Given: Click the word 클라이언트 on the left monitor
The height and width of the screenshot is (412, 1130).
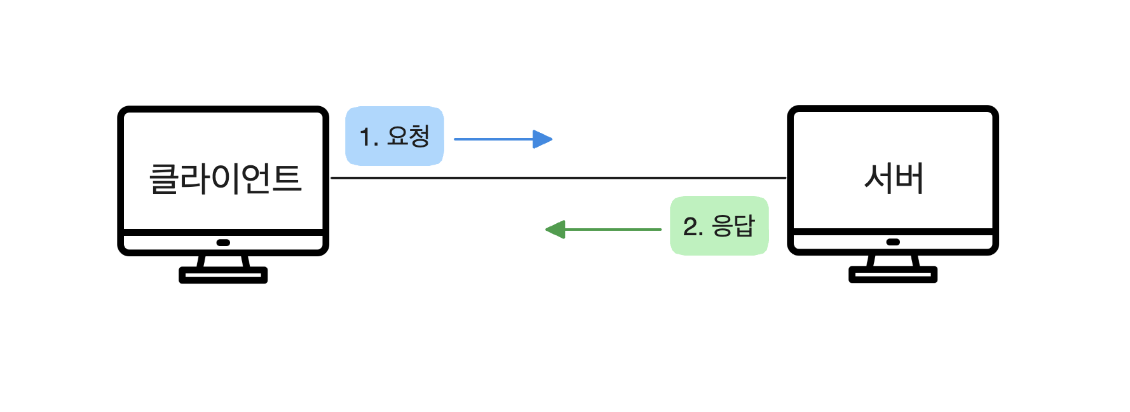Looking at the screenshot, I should tap(225, 179).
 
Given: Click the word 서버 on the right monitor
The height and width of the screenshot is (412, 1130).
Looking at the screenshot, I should tap(894, 178).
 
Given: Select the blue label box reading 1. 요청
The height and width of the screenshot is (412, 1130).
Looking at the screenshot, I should tap(394, 136).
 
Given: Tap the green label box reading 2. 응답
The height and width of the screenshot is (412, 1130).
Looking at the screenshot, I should tap(719, 226).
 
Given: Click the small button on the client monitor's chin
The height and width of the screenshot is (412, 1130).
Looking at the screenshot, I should tap(223, 242).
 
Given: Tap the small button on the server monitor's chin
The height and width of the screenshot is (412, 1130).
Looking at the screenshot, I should tap(893, 242).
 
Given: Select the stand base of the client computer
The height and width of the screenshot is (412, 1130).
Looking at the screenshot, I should tap(223, 275).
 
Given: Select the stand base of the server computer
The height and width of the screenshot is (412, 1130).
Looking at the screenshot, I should tap(893, 275).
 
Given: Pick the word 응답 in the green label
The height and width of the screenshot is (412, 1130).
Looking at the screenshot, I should tap(733, 226).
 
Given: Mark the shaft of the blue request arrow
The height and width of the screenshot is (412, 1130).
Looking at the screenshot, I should tap(493, 139).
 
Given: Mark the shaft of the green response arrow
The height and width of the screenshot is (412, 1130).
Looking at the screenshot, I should tap(613, 230).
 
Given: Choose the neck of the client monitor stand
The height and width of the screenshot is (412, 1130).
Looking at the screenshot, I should tap(223, 261).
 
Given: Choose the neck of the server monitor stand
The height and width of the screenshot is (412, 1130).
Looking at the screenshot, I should tap(893, 261).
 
